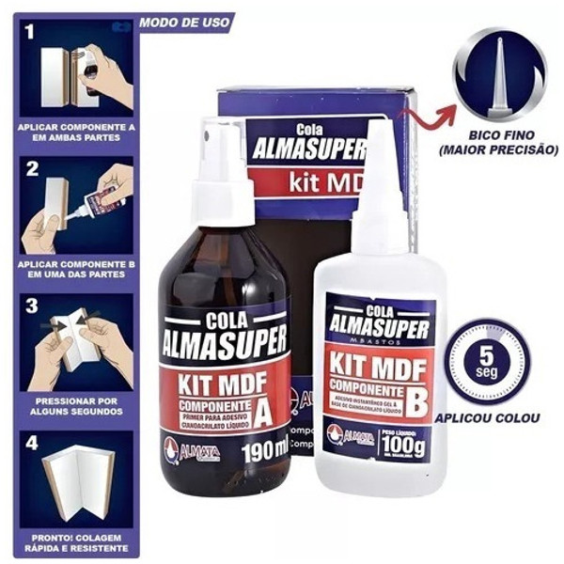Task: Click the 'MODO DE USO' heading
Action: (184, 21)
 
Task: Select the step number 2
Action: (31, 170)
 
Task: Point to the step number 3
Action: (31, 306)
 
